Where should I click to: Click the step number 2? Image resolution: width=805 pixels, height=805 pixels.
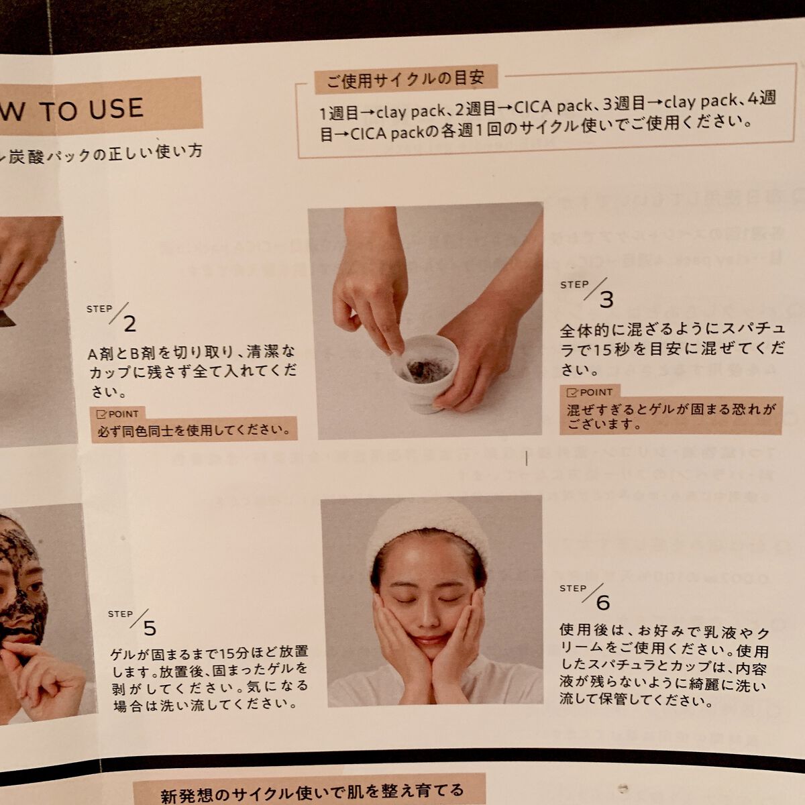(x=129, y=325)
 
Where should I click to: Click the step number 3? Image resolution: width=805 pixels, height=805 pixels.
(x=606, y=300)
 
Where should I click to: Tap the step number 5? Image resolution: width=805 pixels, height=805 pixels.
(x=149, y=628)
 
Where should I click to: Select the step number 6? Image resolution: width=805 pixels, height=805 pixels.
(x=602, y=602)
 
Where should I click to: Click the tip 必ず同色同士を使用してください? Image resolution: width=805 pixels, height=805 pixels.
(x=195, y=430)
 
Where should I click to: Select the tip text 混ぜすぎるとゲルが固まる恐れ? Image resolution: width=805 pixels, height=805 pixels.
(x=671, y=409)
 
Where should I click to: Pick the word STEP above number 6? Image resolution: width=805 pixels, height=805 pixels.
(x=572, y=588)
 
